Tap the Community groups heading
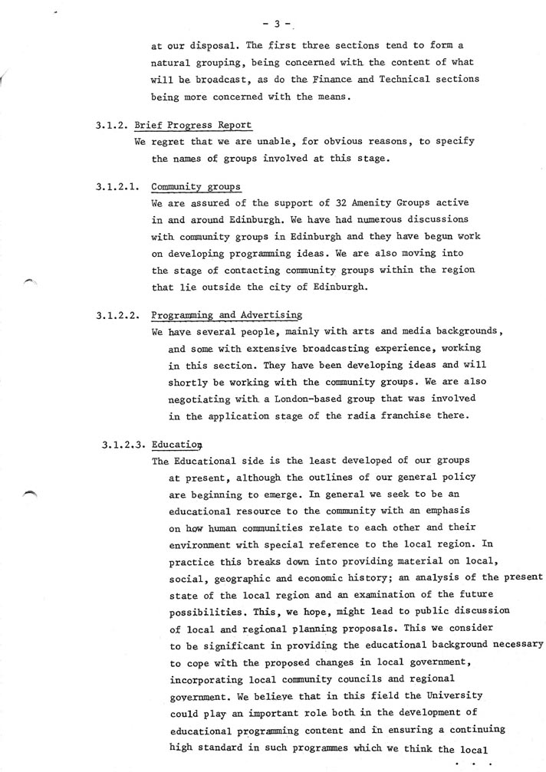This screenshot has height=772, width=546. pyautogui.click(x=196, y=186)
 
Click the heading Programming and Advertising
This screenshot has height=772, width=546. pyautogui.click(x=226, y=315)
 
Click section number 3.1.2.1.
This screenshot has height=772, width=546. pyautogui.click(x=117, y=186)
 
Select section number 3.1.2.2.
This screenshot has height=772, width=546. pyautogui.click(x=117, y=315)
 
